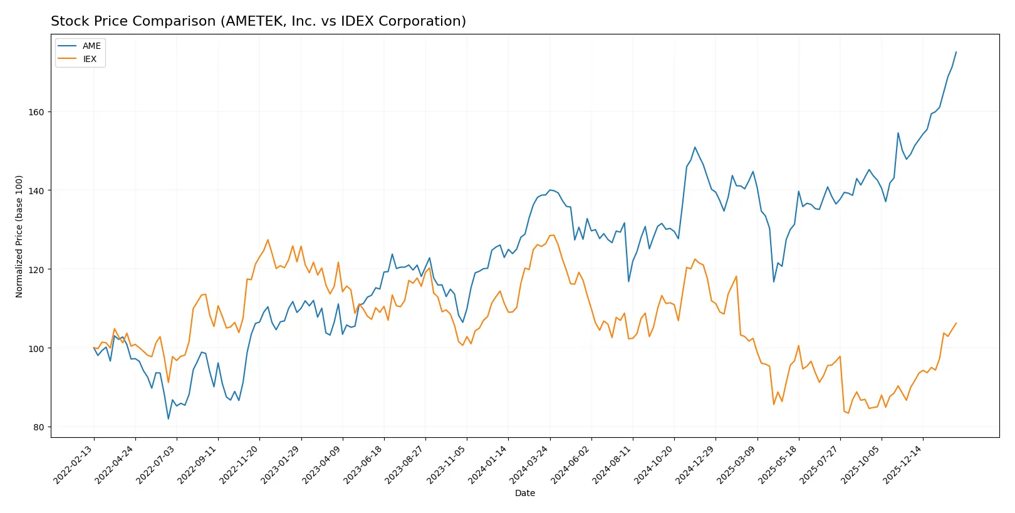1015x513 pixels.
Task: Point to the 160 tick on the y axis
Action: pyautogui.click(x=36, y=112)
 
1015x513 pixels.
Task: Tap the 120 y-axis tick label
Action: pyautogui.click(x=36, y=269)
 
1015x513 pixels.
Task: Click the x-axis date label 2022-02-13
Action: pyautogui.click(x=74, y=465)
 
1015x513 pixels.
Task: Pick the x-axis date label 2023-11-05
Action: pyautogui.click(x=447, y=465)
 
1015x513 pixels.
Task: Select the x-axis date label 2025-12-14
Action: pyautogui.click(x=903, y=465)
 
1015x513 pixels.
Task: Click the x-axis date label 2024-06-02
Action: pyautogui.click(x=571, y=465)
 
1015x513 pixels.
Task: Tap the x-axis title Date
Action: pyautogui.click(x=524, y=493)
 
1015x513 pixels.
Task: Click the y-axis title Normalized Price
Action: pyautogui.click(x=19, y=236)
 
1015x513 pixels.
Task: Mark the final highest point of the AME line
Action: pyautogui.click(x=956, y=52)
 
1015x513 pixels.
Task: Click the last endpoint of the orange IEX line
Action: pyautogui.click(x=956, y=323)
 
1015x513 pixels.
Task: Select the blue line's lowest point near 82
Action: pyautogui.click(x=168, y=418)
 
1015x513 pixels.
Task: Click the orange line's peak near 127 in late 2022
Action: pyautogui.click(x=268, y=239)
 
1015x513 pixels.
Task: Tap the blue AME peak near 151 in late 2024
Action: pyautogui.click(x=695, y=147)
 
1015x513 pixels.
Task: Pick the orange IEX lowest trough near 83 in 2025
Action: pyautogui.click(x=848, y=413)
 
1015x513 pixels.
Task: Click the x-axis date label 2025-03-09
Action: pyautogui.click(x=737, y=465)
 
